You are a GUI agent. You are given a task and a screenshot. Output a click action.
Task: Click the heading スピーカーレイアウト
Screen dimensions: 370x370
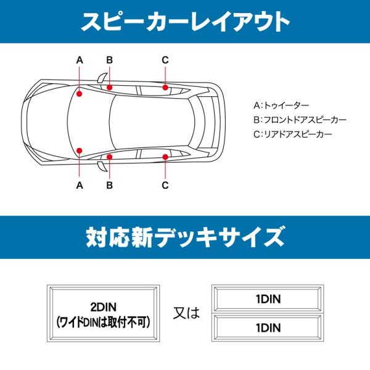(x=185, y=22)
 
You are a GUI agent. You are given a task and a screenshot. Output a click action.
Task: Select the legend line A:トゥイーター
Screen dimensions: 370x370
(x=281, y=105)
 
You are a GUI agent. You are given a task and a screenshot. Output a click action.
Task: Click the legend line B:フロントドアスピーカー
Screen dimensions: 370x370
(x=300, y=120)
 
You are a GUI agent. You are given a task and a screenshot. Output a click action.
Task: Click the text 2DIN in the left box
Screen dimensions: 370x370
(x=104, y=306)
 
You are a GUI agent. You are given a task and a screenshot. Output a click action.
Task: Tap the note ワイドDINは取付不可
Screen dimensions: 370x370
(x=104, y=322)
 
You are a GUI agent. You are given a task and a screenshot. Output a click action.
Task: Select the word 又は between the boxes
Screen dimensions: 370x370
(x=185, y=313)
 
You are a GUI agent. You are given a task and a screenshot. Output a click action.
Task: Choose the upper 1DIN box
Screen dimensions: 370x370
(x=268, y=299)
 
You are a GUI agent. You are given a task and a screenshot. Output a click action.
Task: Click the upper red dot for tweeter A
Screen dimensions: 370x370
(x=80, y=94)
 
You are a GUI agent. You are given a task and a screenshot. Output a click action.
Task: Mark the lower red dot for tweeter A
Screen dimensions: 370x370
(x=80, y=150)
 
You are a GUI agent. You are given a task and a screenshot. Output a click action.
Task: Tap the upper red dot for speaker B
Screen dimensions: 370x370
(x=110, y=88)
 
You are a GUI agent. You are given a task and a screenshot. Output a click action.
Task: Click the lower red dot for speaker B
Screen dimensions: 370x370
(x=110, y=157)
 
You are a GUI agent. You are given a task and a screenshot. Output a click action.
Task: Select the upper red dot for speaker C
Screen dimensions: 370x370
(x=165, y=88)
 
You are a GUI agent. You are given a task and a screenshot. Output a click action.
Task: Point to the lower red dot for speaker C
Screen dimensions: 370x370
(x=165, y=157)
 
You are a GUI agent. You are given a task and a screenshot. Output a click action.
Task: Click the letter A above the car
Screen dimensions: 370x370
(x=80, y=60)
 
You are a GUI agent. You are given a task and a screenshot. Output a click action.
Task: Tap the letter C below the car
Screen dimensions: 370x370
(x=165, y=184)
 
